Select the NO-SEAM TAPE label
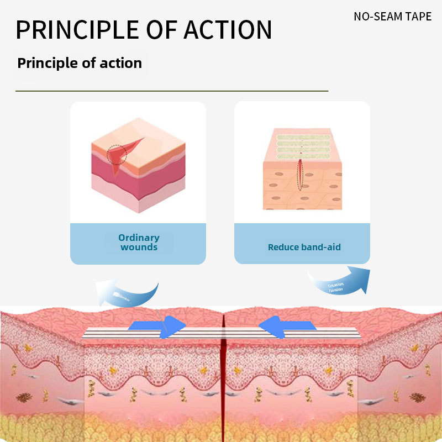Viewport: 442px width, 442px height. (392, 16)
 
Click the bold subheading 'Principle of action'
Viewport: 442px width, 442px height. (80, 63)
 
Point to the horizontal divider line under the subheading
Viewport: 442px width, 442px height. (171, 91)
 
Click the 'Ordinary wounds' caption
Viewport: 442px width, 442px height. (139, 243)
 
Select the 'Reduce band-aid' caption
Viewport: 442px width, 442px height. (304, 247)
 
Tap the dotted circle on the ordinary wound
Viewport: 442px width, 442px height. (117, 155)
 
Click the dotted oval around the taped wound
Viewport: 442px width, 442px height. (300, 174)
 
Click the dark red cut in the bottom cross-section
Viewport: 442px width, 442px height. (223, 381)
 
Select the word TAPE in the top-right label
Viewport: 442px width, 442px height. (419, 16)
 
